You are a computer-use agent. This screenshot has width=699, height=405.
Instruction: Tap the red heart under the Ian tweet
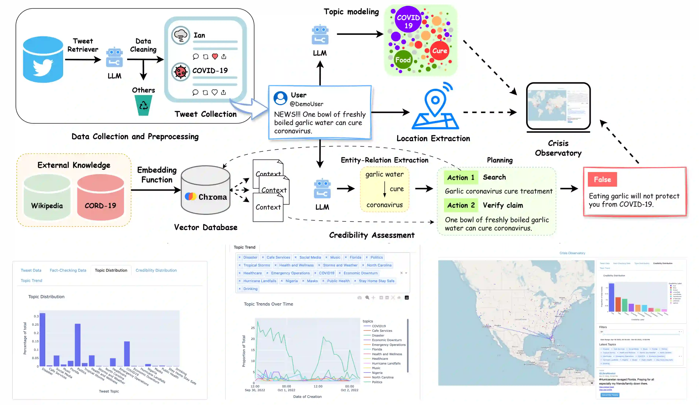[215, 57]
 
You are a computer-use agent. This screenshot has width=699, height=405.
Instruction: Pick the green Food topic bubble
[403, 60]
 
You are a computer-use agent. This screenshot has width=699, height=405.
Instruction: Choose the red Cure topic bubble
[440, 51]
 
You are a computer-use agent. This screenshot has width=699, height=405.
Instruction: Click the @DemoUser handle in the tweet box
[306, 104]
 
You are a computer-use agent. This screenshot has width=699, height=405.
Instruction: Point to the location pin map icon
[435, 107]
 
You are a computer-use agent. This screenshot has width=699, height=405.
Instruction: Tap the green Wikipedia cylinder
[47, 197]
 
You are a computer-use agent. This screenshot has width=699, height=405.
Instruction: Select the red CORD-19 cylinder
[100, 197]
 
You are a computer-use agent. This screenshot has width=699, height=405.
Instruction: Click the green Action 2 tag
[461, 205]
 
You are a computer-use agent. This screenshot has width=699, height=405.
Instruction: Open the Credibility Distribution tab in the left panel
[156, 270]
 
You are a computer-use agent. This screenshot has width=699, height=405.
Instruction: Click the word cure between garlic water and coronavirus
[396, 189]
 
